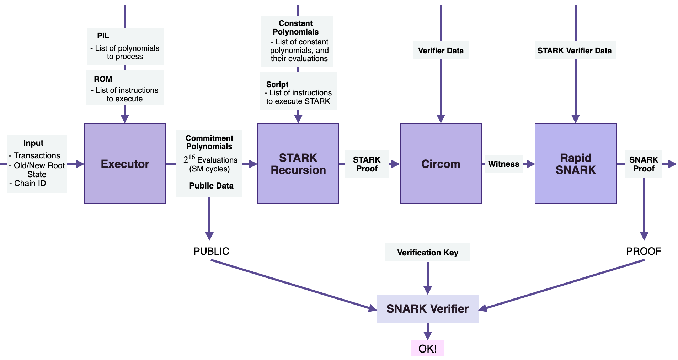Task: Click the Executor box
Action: click(x=124, y=164)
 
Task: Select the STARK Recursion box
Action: click(x=298, y=164)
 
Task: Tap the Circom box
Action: click(x=441, y=164)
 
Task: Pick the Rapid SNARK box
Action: click(x=575, y=164)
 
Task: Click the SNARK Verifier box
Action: click(x=427, y=309)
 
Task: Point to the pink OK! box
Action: click(x=427, y=348)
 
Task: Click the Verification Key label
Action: click(x=427, y=253)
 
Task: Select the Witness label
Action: click(x=503, y=164)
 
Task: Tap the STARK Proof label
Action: click(x=367, y=164)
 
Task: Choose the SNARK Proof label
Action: click(x=644, y=164)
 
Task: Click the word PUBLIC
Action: click(x=211, y=251)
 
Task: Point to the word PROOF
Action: click(x=644, y=251)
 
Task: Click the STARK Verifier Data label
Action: click(x=575, y=51)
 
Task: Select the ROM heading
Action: click(x=103, y=79)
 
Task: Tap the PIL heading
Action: click(x=103, y=36)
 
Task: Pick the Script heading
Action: click(x=277, y=84)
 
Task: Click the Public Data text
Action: click(x=211, y=186)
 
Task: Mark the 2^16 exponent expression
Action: click(x=189, y=159)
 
